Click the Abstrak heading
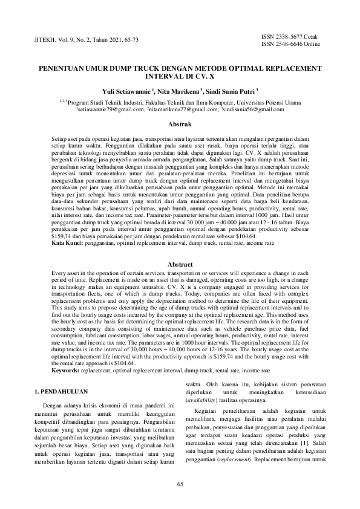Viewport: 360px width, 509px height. (180, 125)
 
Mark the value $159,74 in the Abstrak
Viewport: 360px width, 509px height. (62, 238)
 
